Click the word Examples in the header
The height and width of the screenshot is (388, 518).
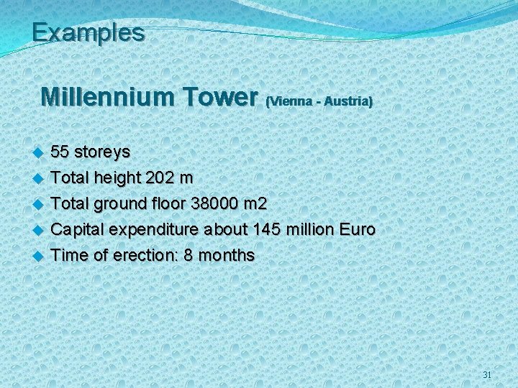tap(88, 32)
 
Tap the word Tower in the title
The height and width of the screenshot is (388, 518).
tap(220, 96)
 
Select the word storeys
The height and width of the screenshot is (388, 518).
tap(102, 152)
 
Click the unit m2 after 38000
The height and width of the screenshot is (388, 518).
tap(255, 203)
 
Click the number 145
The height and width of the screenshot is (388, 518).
tap(266, 229)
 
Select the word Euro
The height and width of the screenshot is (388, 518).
tap(358, 229)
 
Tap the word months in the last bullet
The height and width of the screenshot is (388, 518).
tap(226, 255)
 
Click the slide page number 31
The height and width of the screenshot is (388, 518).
tap(487, 375)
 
